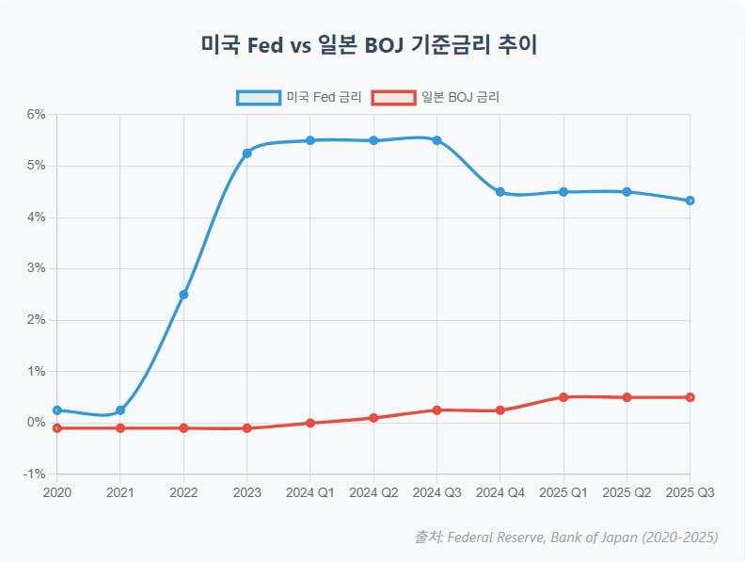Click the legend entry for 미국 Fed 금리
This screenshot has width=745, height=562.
(299, 97)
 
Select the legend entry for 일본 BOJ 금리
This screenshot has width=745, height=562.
(436, 97)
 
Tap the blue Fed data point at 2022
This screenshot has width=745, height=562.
(183, 295)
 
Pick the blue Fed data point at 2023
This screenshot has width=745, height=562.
(246, 153)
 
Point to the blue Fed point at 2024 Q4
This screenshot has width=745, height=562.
(500, 192)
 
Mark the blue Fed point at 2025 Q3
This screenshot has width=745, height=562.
(690, 201)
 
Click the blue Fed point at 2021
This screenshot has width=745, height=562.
(120, 410)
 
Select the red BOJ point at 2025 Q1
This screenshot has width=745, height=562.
(563, 397)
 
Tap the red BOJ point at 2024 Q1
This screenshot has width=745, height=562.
(310, 423)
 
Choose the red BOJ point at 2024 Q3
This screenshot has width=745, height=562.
(437, 409)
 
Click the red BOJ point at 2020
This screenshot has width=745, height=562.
(57, 428)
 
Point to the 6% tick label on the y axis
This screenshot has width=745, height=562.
(36, 115)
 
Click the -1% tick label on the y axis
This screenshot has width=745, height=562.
(34, 474)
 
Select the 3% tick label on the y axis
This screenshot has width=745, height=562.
(36, 269)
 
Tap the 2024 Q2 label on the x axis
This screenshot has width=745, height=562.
(373, 492)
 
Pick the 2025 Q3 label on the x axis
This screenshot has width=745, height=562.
(690, 492)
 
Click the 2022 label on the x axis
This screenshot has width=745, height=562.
(183, 492)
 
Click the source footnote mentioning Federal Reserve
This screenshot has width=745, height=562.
(566, 538)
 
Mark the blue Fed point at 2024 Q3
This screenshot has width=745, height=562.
(437, 140)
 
